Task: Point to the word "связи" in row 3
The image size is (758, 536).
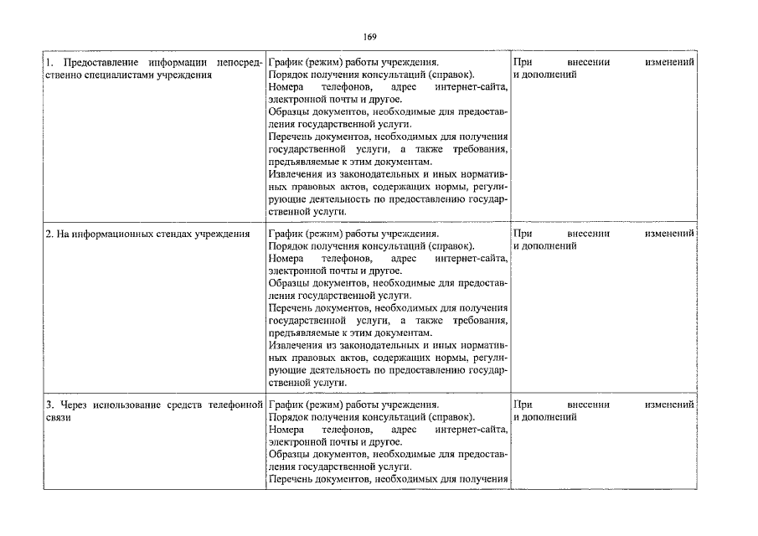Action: click(58, 417)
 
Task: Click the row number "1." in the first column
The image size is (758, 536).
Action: click(49, 63)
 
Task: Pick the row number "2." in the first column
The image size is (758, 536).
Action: click(49, 234)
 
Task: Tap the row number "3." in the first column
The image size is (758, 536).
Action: click(49, 405)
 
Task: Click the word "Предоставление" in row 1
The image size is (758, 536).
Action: click(90, 63)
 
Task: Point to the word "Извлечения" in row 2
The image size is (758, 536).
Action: click(295, 345)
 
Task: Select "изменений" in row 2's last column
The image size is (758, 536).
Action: click(669, 234)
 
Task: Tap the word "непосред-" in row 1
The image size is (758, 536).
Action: click(239, 63)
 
